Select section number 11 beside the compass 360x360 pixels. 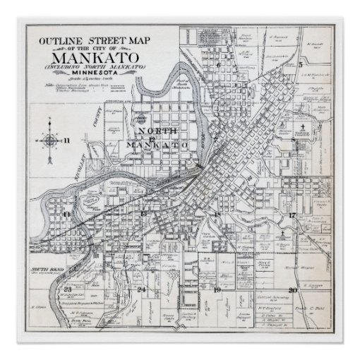68,141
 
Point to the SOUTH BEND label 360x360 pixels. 47,270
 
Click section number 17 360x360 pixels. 292,214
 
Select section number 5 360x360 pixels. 300,64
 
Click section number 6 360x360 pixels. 220,64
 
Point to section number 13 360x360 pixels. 143,212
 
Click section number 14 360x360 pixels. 67,212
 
